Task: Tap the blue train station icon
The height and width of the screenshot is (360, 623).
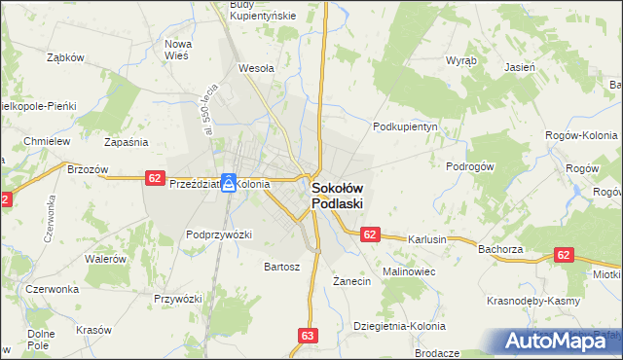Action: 228,182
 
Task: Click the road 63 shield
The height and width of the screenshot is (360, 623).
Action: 308,335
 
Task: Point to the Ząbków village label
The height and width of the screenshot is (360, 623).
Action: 66,57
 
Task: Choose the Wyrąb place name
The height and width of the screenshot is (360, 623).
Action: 461,59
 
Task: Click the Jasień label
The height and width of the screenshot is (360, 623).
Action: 520,67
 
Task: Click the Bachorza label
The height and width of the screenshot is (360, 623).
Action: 500,249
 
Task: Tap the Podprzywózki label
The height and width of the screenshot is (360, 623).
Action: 219,234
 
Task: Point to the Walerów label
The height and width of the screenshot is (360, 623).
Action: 106,259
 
